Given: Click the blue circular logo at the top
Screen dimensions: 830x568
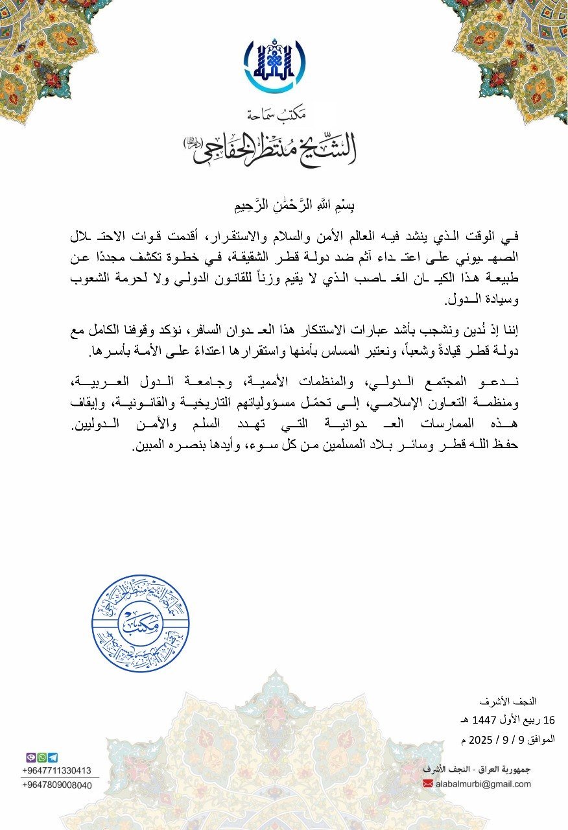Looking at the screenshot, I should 275,65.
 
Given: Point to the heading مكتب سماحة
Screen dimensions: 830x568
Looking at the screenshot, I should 275,114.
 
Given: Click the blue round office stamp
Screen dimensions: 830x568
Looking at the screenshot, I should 141,623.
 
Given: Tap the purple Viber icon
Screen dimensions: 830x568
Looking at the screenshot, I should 30,757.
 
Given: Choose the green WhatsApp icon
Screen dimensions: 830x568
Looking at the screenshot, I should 41,757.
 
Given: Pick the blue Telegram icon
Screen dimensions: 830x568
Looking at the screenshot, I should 53,757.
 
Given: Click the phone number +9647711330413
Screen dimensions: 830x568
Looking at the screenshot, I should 56,770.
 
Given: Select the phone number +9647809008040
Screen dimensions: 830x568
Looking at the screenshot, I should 56,785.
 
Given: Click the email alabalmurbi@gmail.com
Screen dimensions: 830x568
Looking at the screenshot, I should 484,784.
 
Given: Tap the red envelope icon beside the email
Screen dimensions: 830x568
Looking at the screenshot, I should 428,784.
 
